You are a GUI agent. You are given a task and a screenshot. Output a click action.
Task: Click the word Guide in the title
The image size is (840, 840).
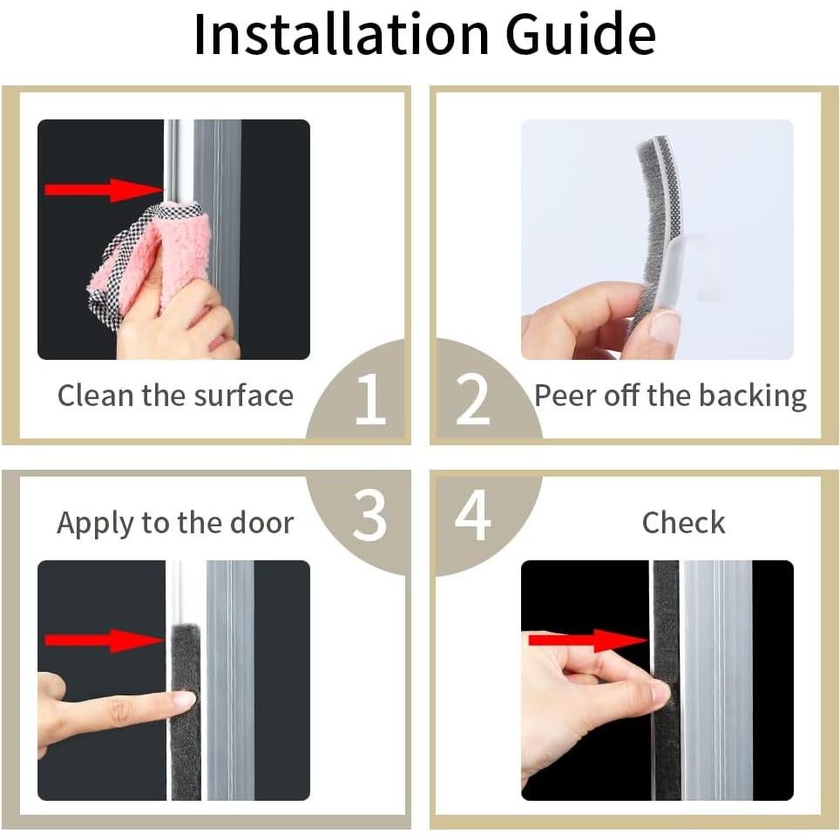(x=580, y=34)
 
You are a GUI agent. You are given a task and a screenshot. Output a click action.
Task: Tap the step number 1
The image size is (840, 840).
(x=370, y=398)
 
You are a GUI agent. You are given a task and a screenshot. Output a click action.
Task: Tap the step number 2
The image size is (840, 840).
(x=472, y=399)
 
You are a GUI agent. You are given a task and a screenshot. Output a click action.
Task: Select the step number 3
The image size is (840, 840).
(x=369, y=515)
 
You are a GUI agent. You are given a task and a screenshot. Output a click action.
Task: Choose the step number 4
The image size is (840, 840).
(x=472, y=515)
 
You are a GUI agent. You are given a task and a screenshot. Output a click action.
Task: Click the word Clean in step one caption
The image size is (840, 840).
(x=95, y=396)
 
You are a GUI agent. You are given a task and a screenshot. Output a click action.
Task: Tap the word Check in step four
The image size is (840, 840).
(x=683, y=522)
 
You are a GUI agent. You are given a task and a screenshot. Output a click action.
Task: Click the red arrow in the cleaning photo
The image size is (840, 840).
(x=104, y=190)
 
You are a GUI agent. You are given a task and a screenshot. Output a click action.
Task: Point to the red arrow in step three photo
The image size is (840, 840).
(x=104, y=640)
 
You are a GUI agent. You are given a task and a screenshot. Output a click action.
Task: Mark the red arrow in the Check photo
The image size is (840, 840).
(x=588, y=640)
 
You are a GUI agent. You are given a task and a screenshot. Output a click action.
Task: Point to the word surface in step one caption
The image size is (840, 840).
(x=243, y=396)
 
